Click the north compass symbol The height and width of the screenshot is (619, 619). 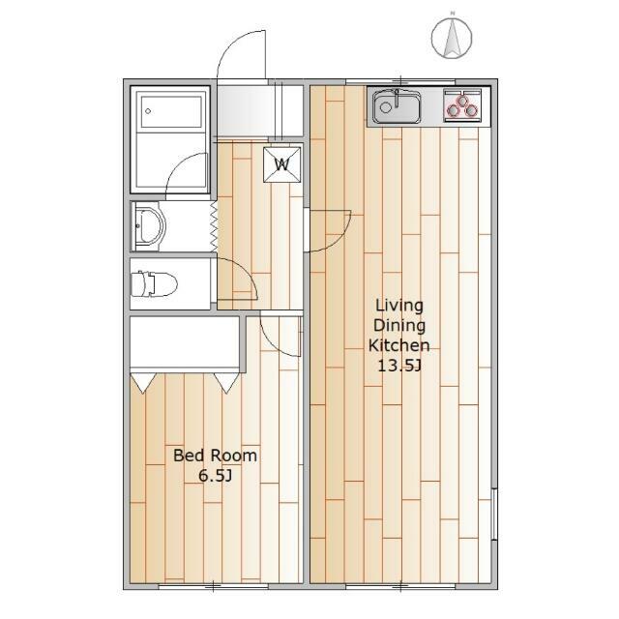(452, 38)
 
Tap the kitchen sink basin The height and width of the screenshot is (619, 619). (396, 106)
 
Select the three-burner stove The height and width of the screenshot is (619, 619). (463, 104)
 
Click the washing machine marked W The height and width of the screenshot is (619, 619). (281, 164)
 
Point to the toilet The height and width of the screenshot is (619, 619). (154, 283)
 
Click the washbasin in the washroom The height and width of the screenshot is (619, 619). (149, 226)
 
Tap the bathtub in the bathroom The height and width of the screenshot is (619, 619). (171, 110)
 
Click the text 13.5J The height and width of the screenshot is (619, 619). (399, 366)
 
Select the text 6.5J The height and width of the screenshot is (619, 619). (215, 476)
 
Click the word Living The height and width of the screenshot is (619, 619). (399, 306)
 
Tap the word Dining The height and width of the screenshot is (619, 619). (399, 326)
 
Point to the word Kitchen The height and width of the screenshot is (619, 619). (399, 345)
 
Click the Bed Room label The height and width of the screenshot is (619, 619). (215, 456)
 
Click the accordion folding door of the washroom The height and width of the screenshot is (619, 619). (214, 226)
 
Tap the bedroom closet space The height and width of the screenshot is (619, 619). (185, 341)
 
